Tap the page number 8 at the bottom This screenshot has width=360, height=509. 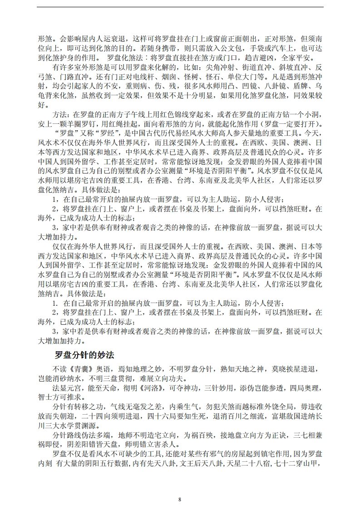180,499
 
